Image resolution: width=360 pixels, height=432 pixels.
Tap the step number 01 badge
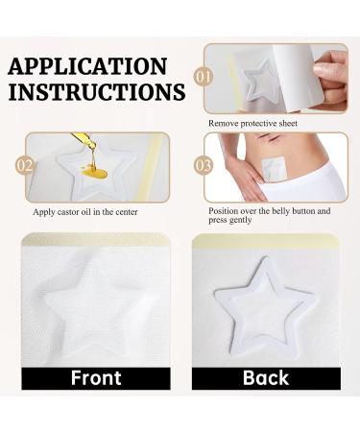[x=204, y=75]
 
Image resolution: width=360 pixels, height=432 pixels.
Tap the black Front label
[x=97, y=377]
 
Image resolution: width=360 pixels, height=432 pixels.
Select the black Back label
[x=265, y=377]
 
